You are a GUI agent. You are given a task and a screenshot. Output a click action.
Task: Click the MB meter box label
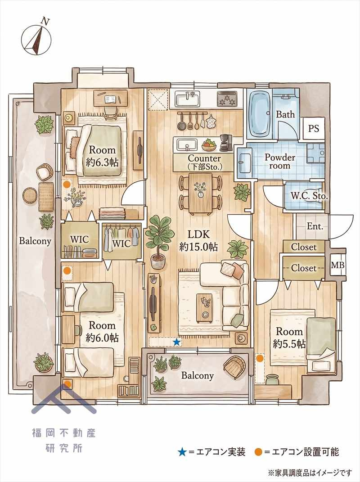337,265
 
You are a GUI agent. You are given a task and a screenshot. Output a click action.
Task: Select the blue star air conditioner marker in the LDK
176,342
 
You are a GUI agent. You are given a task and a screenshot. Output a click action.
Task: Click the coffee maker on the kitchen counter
226,143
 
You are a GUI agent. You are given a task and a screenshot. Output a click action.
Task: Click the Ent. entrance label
315,226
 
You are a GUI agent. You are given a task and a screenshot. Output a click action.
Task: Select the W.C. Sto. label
309,196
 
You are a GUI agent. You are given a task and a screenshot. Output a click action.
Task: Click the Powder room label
280,161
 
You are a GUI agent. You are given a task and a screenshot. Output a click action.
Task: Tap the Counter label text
204,158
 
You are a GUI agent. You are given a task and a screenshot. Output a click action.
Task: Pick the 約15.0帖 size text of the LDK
198,247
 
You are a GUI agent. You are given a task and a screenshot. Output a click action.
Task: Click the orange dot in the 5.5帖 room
260,358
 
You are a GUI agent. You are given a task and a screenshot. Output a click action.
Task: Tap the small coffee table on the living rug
204,308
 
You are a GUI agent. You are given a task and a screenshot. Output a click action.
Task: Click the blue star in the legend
182,452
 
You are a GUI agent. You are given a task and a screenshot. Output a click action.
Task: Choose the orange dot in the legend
259,452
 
